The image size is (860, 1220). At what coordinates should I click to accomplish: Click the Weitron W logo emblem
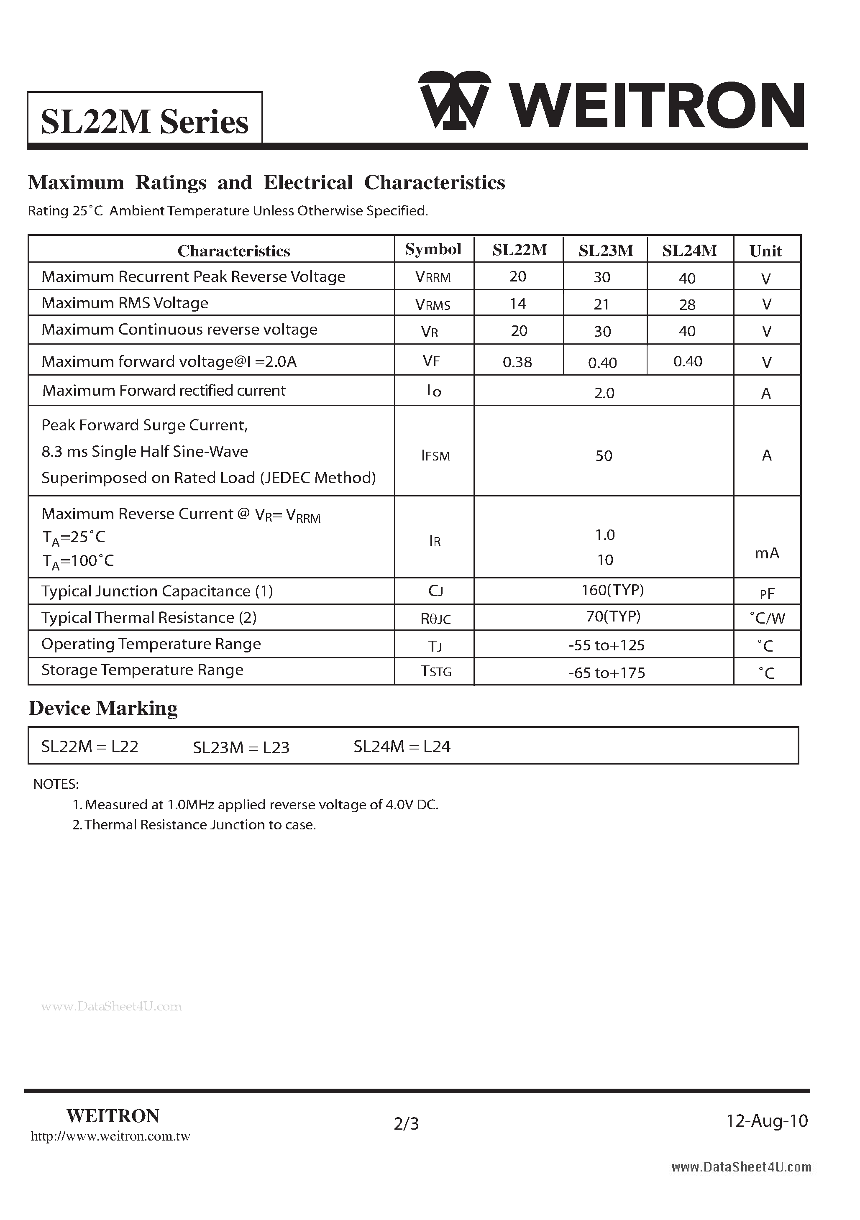point(454,100)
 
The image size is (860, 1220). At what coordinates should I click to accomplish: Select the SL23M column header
point(605,250)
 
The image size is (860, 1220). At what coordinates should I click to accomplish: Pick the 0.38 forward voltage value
point(517,362)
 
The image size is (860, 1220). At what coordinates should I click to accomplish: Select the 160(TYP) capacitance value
point(612,590)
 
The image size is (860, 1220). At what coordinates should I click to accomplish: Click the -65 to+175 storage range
point(607,673)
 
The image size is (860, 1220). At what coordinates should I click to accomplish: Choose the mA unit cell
point(766,553)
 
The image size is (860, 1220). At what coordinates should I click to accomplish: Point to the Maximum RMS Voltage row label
point(125,303)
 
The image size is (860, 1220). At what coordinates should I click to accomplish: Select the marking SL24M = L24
point(402,747)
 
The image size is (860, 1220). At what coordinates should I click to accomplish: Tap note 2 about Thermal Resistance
point(195,825)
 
